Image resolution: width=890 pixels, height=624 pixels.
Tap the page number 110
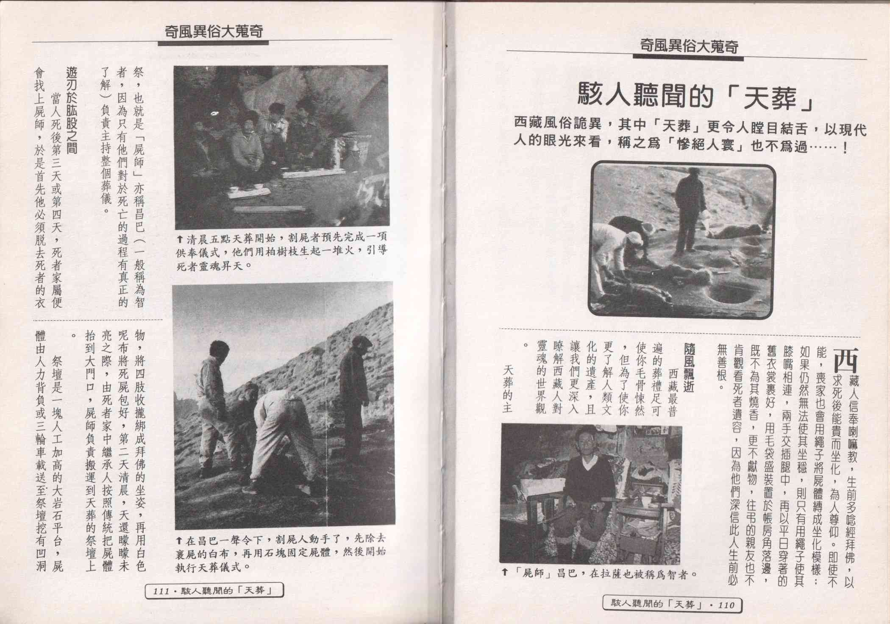point(725,605)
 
